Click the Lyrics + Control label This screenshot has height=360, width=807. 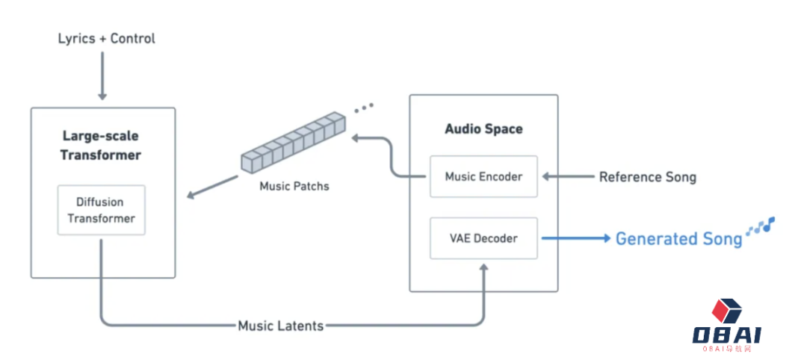tap(106, 38)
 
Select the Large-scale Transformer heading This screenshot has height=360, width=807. tap(101, 146)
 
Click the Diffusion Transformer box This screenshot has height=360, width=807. tap(101, 210)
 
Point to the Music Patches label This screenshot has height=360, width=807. tap(294, 186)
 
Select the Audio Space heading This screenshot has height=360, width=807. tap(483, 128)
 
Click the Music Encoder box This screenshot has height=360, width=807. tap(483, 177)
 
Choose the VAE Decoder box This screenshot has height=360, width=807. tap(483, 238)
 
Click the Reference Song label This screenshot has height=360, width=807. tap(647, 177)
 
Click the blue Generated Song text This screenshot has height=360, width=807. tap(678, 239)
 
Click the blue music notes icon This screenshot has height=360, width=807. tap(761, 226)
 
